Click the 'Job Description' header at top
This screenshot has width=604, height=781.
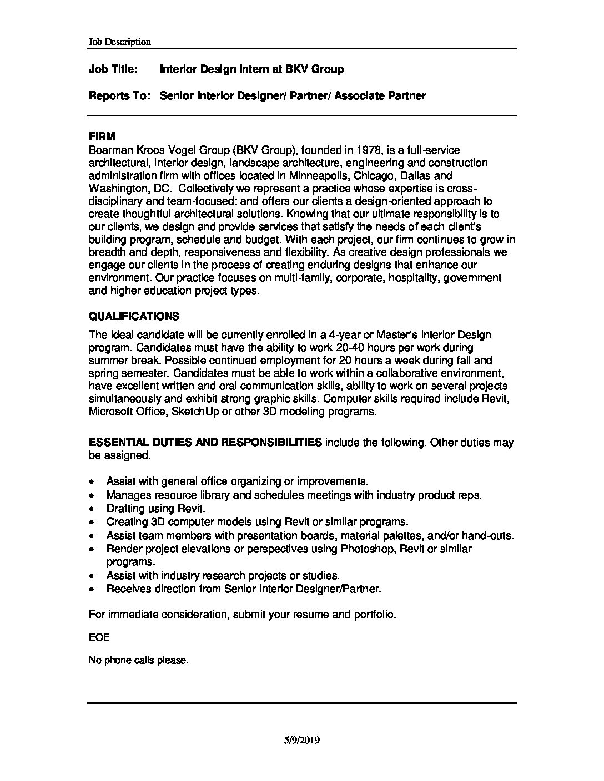tap(119, 42)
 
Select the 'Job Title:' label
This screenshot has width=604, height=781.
tap(113, 69)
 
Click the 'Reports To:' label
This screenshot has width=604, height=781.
tap(120, 96)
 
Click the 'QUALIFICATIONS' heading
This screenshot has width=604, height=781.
tap(134, 317)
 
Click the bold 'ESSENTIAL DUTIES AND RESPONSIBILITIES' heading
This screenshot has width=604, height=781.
tap(205, 443)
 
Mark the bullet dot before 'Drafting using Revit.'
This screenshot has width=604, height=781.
tap(92, 509)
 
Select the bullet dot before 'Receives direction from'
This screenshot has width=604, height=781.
tap(92, 590)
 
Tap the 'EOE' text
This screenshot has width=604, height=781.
tap(99, 637)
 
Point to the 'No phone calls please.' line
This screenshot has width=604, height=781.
tap(139, 661)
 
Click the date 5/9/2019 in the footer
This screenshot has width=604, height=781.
tap(301, 740)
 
